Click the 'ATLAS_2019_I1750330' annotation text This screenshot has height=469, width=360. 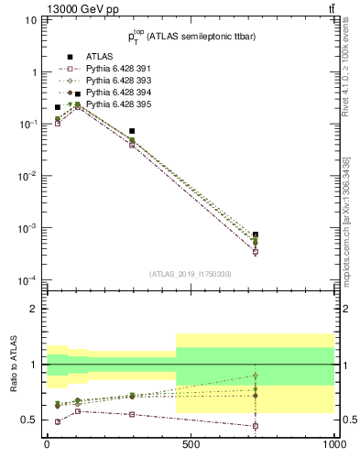click(x=191, y=274)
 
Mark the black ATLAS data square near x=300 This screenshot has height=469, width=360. click(x=133, y=131)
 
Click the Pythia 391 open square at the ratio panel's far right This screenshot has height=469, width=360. click(x=256, y=426)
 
